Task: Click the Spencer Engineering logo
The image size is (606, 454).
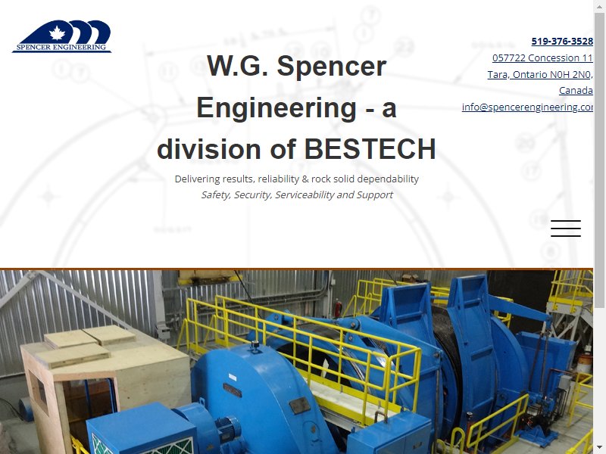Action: [x=62, y=36]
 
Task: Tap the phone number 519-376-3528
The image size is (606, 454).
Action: [x=562, y=42]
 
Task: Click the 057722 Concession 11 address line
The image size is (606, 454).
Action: [x=542, y=58]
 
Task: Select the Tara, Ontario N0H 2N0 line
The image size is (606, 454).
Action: [x=539, y=74]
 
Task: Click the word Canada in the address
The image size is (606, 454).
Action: [x=576, y=90]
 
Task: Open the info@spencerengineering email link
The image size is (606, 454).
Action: [x=527, y=107]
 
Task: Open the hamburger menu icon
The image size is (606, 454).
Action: [x=566, y=229]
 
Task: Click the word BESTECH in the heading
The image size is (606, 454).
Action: [x=370, y=149]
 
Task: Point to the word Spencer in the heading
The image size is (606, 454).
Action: [x=332, y=67]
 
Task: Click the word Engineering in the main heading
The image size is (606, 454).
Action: [x=276, y=108]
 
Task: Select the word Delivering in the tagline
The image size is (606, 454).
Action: [x=198, y=179]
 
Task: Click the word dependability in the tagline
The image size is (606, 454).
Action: [x=388, y=179]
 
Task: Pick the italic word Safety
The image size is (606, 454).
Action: [x=217, y=195]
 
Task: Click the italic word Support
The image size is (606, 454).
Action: [x=374, y=195]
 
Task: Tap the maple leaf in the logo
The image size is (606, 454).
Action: [x=58, y=33]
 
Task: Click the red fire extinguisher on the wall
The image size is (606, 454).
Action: [x=338, y=309]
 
